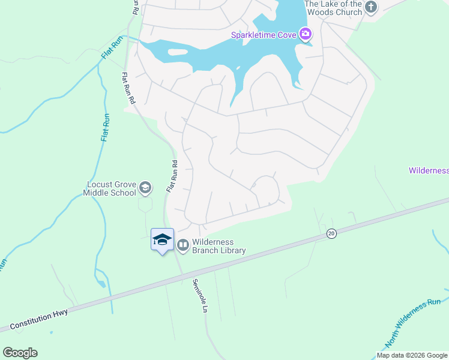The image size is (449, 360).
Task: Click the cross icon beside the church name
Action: pos(371,7)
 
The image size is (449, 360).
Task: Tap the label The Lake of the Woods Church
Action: pos(333,8)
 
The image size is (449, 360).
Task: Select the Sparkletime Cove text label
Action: pos(264,35)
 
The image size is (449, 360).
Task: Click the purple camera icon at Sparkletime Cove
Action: pos(306,34)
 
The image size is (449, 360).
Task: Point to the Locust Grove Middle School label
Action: pos(112,189)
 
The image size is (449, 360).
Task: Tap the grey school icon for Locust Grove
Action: pos(145,188)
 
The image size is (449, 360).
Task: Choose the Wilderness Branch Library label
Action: pos(219,246)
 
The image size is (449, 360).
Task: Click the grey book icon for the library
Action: pos(182,245)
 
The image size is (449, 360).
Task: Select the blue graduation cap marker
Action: pos(161,240)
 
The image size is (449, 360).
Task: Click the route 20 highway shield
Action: pos(331,233)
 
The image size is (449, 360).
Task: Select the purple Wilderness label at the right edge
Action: pos(429,170)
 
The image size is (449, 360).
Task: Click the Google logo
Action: pos(20,353)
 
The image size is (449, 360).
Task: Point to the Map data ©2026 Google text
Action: pos(412,355)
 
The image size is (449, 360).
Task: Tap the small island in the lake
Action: pos(178,52)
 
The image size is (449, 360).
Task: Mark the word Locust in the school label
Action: pos(100,185)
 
